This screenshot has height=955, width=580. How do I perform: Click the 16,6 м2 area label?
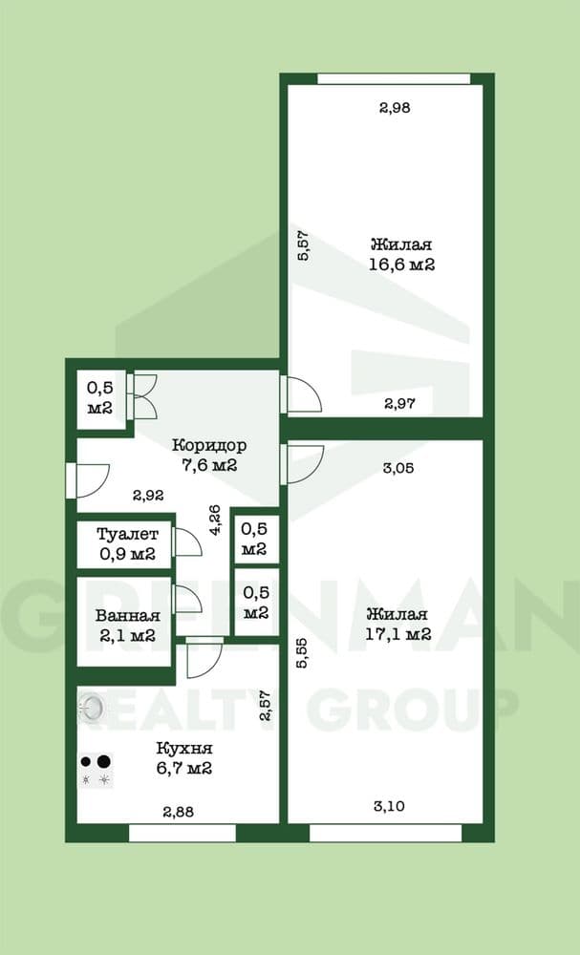pos(401,265)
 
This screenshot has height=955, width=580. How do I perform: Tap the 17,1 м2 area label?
pos(398,634)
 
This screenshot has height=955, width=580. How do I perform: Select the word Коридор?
pos(209,446)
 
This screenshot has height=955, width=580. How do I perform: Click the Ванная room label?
pos(128,616)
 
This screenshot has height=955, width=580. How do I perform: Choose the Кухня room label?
pos(184,748)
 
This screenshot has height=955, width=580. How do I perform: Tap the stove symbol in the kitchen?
pos(97,770)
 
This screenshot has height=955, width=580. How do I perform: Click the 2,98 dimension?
pos(395,109)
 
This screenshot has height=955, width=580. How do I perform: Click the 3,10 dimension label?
pos(389,806)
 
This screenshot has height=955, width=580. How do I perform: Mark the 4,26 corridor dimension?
pos(215,520)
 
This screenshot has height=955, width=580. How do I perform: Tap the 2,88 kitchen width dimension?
pos(179,812)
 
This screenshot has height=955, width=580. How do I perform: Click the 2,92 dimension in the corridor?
pos(148,496)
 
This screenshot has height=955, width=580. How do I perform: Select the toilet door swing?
pos(186,541)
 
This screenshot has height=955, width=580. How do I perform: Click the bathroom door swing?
pos(186,600)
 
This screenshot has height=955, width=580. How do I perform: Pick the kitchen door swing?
pos(204,658)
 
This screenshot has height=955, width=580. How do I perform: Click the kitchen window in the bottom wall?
pos(183,833)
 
